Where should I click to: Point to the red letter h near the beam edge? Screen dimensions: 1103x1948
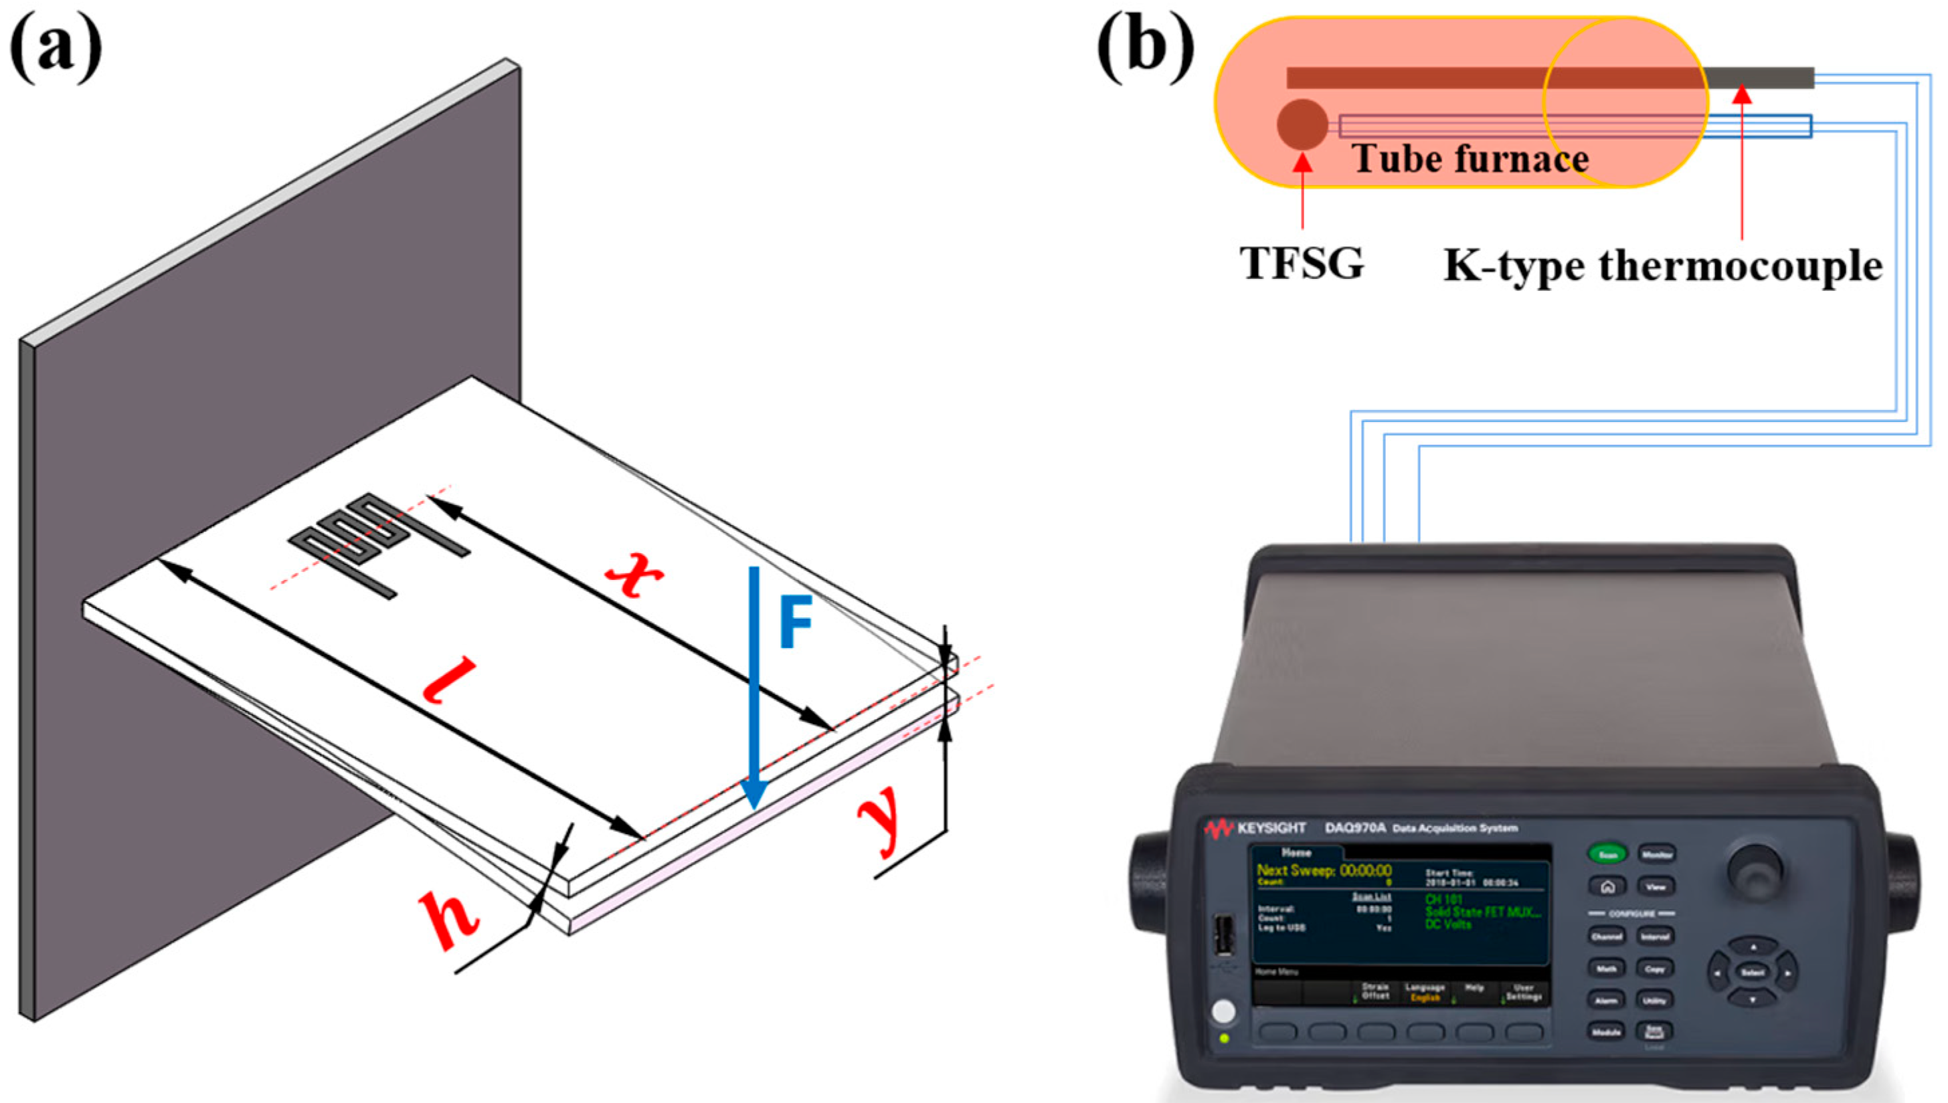click(448, 918)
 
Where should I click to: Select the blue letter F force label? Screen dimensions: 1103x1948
click(796, 621)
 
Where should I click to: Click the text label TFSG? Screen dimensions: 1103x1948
click(1302, 263)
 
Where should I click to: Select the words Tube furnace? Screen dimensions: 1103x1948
click(1470, 159)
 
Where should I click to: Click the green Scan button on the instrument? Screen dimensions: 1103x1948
click(1608, 854)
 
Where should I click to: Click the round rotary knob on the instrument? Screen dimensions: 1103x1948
click(1754, 868)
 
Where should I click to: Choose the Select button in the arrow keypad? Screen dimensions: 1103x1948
click(1752, 972)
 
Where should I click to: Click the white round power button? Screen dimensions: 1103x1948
click(1222, 1011)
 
